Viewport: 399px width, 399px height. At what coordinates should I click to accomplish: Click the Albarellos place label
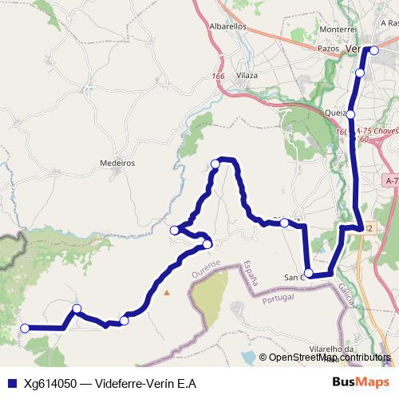point(227,26)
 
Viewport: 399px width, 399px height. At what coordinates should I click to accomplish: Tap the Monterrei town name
point(314,29)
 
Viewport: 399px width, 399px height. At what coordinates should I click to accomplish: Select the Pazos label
point(328,49)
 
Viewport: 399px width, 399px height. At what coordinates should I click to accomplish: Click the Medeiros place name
point(117,162)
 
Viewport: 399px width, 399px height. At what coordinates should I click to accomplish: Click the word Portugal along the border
point(279,298)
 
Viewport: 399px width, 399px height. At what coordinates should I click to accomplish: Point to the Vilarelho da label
point(331,349)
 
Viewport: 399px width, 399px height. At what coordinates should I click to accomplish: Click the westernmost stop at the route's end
point(25,328)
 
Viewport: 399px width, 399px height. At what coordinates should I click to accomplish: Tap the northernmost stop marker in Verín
point(374,50)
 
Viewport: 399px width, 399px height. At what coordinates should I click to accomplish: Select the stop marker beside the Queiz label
point(350,114)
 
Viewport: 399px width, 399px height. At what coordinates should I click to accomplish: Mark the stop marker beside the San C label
point(309,273)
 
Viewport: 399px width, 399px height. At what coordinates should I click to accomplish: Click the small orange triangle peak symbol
point(167,292)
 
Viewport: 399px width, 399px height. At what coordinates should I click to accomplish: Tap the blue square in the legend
point(10,383)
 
